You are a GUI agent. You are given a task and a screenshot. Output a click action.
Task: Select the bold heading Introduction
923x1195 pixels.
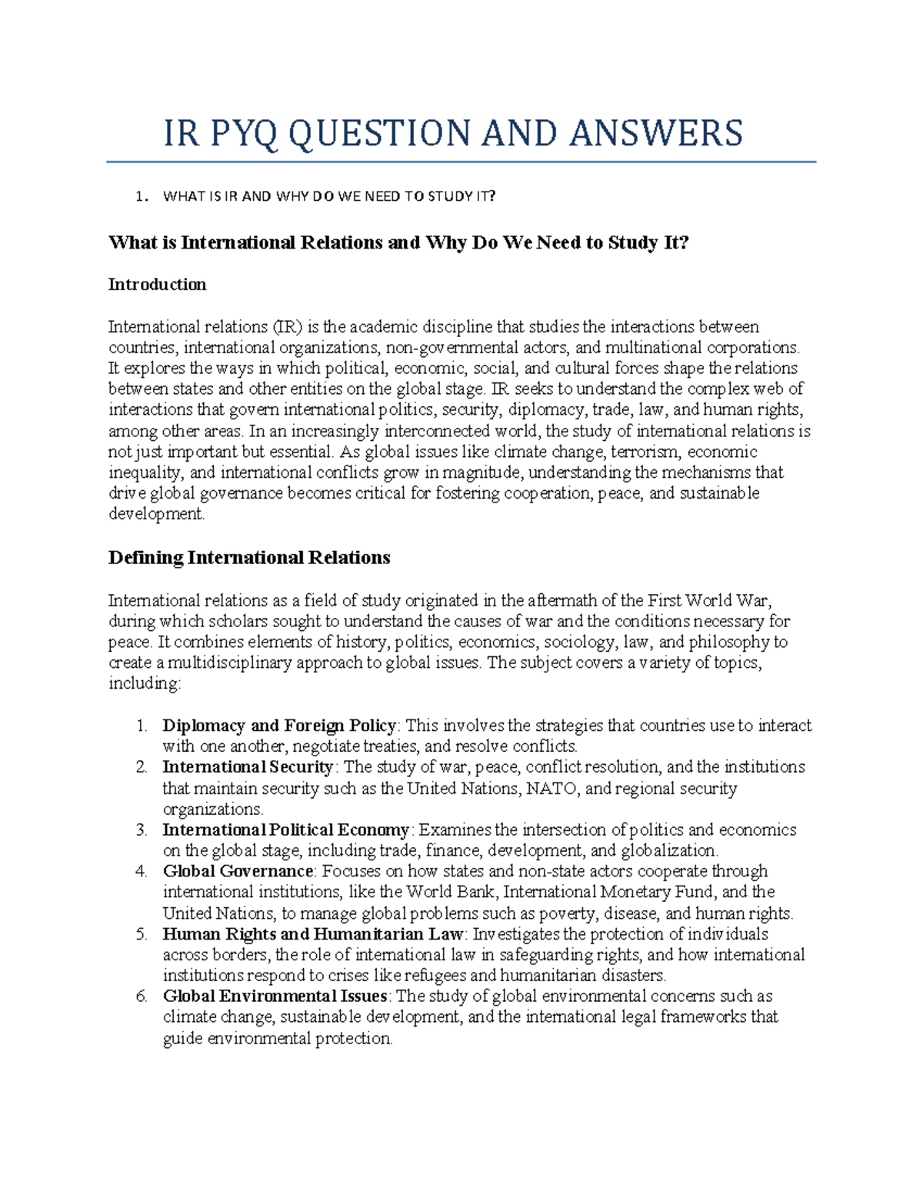point(157,285)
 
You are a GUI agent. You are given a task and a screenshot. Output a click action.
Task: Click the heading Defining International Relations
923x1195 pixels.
point(249,558)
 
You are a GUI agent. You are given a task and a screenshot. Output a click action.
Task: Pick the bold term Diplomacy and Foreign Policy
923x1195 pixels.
point(279,726)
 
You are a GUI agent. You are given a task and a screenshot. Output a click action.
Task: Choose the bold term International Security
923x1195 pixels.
point(248,767)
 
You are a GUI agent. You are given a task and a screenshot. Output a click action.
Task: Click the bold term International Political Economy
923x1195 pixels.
point(285,830)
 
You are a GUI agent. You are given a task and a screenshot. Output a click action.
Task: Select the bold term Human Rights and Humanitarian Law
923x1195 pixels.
point(313,935)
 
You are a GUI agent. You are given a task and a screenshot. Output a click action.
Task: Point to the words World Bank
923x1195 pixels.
point(452,893)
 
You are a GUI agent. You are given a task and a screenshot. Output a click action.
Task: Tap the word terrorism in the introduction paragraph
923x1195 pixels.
point(645,452)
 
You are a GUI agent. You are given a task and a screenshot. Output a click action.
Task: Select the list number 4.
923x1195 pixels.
point(140,872)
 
